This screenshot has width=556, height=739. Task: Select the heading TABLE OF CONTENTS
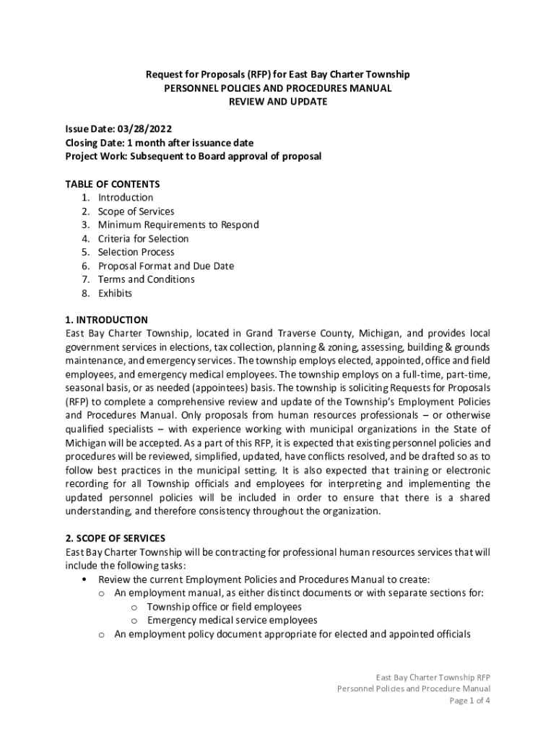tap(112, 184)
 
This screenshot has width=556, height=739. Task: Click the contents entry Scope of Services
tap(136, 211)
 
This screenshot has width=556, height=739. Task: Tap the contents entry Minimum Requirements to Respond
tap(178, 225)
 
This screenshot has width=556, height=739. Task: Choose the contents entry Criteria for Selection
tap(143, 239)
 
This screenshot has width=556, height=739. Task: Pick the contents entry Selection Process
tap(136, 252)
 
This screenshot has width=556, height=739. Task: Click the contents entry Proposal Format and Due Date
tap(166, 266)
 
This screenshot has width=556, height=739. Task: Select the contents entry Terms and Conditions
tap(146, 279)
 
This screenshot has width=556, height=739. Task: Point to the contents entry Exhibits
tap(115, 293)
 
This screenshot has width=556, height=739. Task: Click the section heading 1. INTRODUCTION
tap(106, 320)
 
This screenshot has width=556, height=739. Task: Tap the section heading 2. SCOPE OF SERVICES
tap(115, 538)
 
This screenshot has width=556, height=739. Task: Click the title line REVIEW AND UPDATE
tap(278, 102)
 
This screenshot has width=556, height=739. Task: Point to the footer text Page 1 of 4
tap(469, 701)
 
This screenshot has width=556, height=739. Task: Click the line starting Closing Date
tap(159, 143)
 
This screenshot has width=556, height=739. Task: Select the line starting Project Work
tap(193, 157)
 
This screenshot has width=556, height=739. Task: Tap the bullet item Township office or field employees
tap(224, 607)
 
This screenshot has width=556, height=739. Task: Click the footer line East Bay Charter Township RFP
tap(433, 677)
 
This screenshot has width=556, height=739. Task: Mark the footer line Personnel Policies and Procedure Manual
tap(414, 688)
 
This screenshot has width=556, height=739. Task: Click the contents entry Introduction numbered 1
tap(125, 198)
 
